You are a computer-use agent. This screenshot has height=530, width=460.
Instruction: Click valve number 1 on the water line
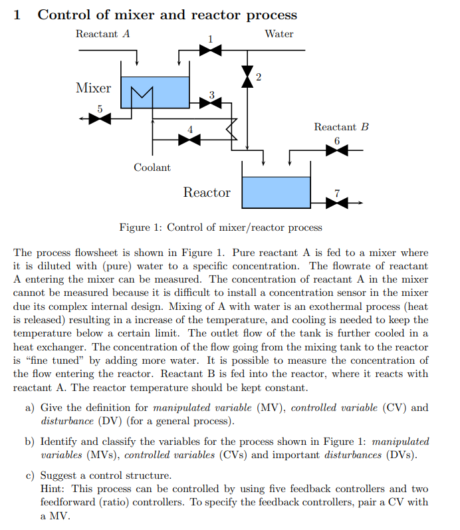click(x=210, y=49)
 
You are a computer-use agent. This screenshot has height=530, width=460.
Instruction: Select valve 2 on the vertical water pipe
click(x=247, y=76)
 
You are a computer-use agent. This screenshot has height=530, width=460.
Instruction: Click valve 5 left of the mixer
click(x=100, y=118)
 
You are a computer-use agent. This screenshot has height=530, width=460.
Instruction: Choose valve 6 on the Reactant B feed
click(x=337, y=150)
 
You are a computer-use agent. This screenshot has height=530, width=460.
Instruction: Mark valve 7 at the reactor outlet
click(x=337, y=202)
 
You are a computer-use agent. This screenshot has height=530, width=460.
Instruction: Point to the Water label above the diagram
click(x=279, y=33)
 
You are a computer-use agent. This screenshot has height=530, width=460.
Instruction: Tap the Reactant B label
click(x=340, y=126)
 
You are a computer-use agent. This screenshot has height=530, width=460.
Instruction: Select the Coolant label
click(x=152, y=168)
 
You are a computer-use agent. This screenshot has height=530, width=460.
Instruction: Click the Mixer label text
click(x=93, y=88)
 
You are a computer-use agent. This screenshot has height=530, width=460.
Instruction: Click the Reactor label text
click(x=207, y=193)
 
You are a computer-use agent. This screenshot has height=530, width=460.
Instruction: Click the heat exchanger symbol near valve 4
click(x=231, y=127)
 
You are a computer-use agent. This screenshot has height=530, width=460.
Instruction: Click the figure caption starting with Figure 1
click(x=221, y=227)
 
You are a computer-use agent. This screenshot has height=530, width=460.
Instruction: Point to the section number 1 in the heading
click(x=17, y=15)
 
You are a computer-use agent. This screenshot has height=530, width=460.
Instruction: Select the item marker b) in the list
click(x=30, y=441)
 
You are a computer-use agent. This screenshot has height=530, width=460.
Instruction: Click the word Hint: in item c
click(x=54, y=489)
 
